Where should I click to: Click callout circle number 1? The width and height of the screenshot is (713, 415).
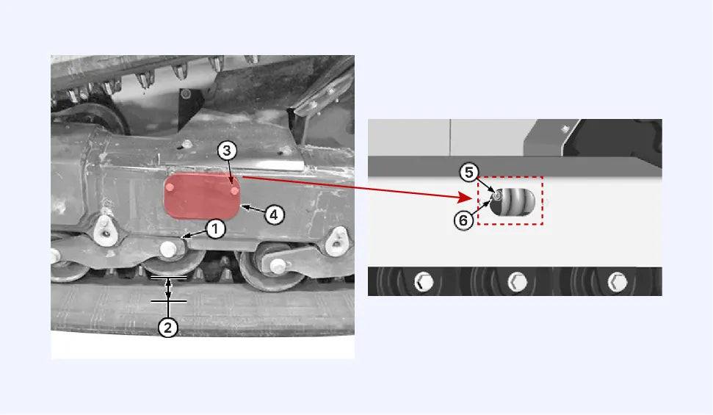tap(216, 229)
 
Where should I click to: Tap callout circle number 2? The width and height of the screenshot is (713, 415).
tap(168, 328)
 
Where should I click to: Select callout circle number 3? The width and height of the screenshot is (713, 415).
tap(227, 150)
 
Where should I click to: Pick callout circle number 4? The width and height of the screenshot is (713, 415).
tap(274, 214)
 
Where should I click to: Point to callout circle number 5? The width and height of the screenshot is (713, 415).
tap(468, 173)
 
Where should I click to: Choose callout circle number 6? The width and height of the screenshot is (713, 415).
tap(463, 220)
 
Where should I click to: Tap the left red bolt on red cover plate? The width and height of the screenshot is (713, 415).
tap(170, 187)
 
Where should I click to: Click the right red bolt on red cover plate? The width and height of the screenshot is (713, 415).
tap(235, 191)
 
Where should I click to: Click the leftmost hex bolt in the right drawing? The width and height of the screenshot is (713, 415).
tap(424, 281)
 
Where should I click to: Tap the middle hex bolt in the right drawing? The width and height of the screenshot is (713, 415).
tap(517, 281)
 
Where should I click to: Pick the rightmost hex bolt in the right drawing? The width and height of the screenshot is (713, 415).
tap(618, 281)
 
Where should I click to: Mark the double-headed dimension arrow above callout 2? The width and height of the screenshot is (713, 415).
tap(169, 289)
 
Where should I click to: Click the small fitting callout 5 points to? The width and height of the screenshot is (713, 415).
tap(496, 195)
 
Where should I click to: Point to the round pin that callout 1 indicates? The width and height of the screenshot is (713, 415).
tap(168, 249)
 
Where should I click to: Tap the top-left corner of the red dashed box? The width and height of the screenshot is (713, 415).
tap(477, 177)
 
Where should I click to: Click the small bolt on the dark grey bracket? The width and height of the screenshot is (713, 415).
tap(565, 129)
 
